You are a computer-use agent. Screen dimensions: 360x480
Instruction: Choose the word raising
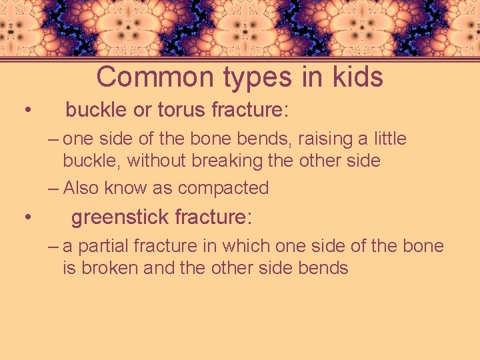pyautogui.click(x=325, y=139)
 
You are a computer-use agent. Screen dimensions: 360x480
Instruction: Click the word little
pyautogui.click(x=389, y=139)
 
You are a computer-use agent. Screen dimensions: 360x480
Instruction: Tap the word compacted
pyautogui.click(x=223, y=189)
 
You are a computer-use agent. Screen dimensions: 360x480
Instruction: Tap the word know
pyautogui.click(x=128, y=188)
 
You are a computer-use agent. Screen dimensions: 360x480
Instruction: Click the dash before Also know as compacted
pyautogui.click(x=53, y=188)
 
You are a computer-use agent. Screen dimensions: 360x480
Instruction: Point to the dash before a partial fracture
pyautogui.click(x=53, y=246)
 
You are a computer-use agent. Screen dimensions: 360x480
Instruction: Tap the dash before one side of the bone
pyautogui.click(x=53, y=139)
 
